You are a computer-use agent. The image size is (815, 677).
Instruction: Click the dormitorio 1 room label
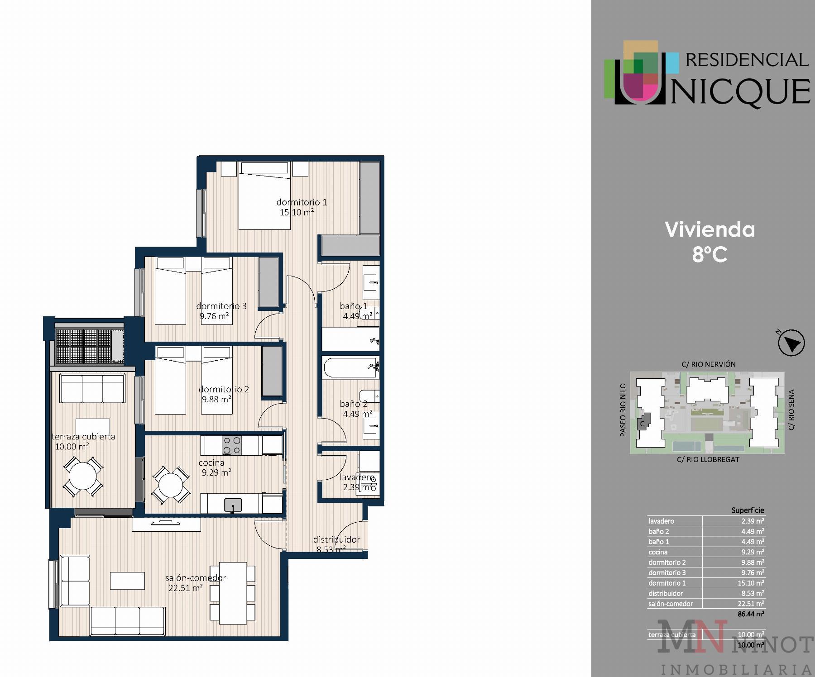pyautogui.click(x=302, y=202)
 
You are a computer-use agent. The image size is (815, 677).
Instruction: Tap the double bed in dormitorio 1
pyautogui.click(x=264, y=195)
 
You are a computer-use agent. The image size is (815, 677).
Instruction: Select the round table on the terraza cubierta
pyautogui.click(x=82, y=476)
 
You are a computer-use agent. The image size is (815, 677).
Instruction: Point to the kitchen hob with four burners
pyautogui.click(x=231, y=445)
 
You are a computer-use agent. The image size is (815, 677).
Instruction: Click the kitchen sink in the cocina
pyautogui.click(x=233, y=505)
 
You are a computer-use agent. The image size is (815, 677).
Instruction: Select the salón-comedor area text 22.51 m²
pyautogui.click(x=185, y=588)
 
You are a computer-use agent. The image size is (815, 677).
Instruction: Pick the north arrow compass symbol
pyautogui.click(x=791, y=343)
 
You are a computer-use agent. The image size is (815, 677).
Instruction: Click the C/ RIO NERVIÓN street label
pyautogui.click(x=709, y=364)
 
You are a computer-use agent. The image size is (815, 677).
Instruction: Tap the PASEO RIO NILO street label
pyautogui.click(x=623, y=410)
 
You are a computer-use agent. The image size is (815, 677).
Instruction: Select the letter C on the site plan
pyautogui.click(x=642, y=424)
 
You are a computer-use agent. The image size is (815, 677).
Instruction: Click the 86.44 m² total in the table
pyautogui.click(x=751, y=614)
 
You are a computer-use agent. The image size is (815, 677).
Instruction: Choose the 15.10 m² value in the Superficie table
pyautogui.click(x=751, y=583)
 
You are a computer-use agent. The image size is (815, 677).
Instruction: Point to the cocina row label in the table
pyautogui.click(x=658, y=552)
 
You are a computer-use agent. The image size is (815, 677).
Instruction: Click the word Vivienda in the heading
pyautogui.click(x=710, y=230)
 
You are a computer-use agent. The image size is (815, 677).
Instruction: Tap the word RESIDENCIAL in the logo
pyautogui.click(x=748, y=60)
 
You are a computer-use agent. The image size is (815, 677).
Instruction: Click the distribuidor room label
pyautogui.click(x=337, y=539)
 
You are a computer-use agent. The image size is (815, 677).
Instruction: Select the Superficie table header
pyautogui.click(x=748, y=510)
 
